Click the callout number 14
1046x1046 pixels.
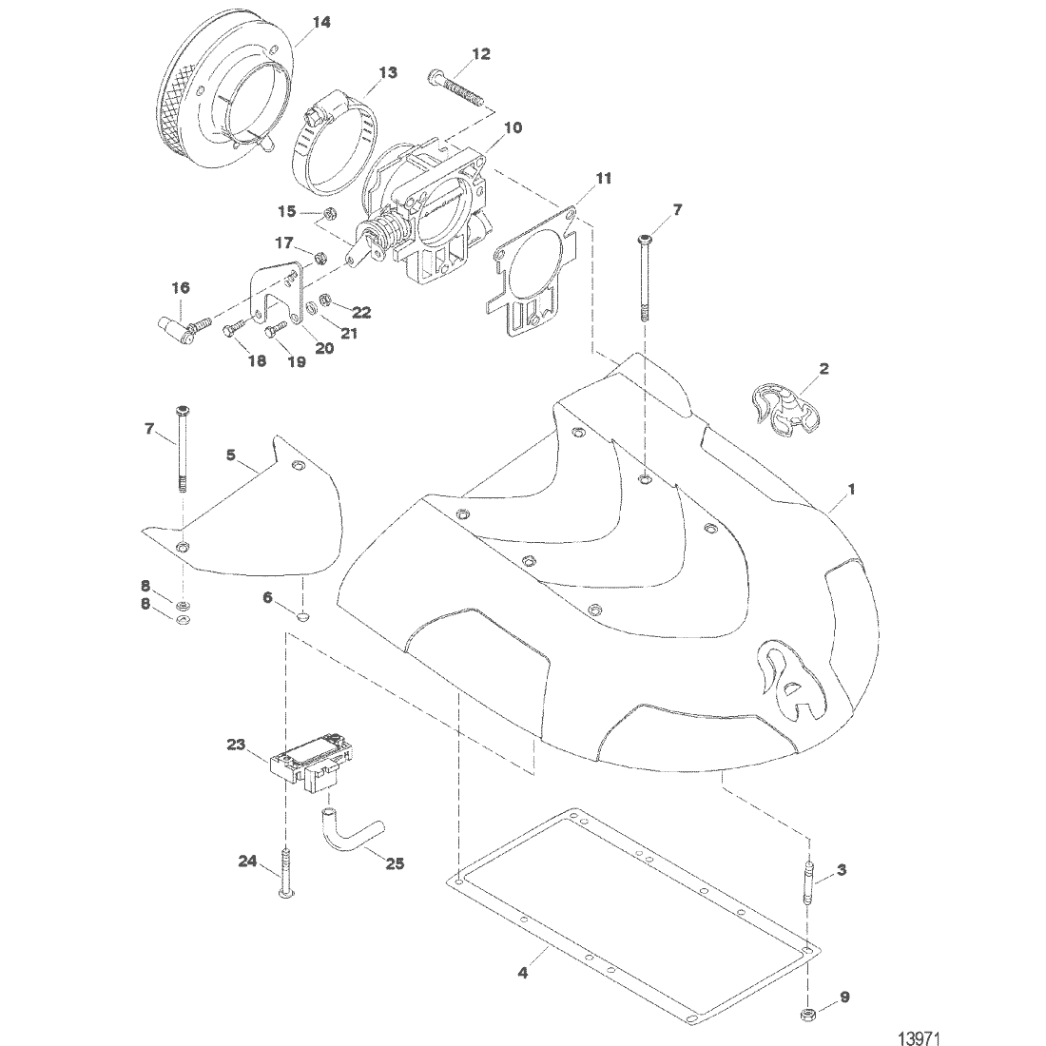(x=322, y=23)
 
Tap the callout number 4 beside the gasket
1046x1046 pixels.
(x=522, y=973)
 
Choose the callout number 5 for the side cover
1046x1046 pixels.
(x=231, y=455)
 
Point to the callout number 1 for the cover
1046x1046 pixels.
(x=852, y=489)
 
